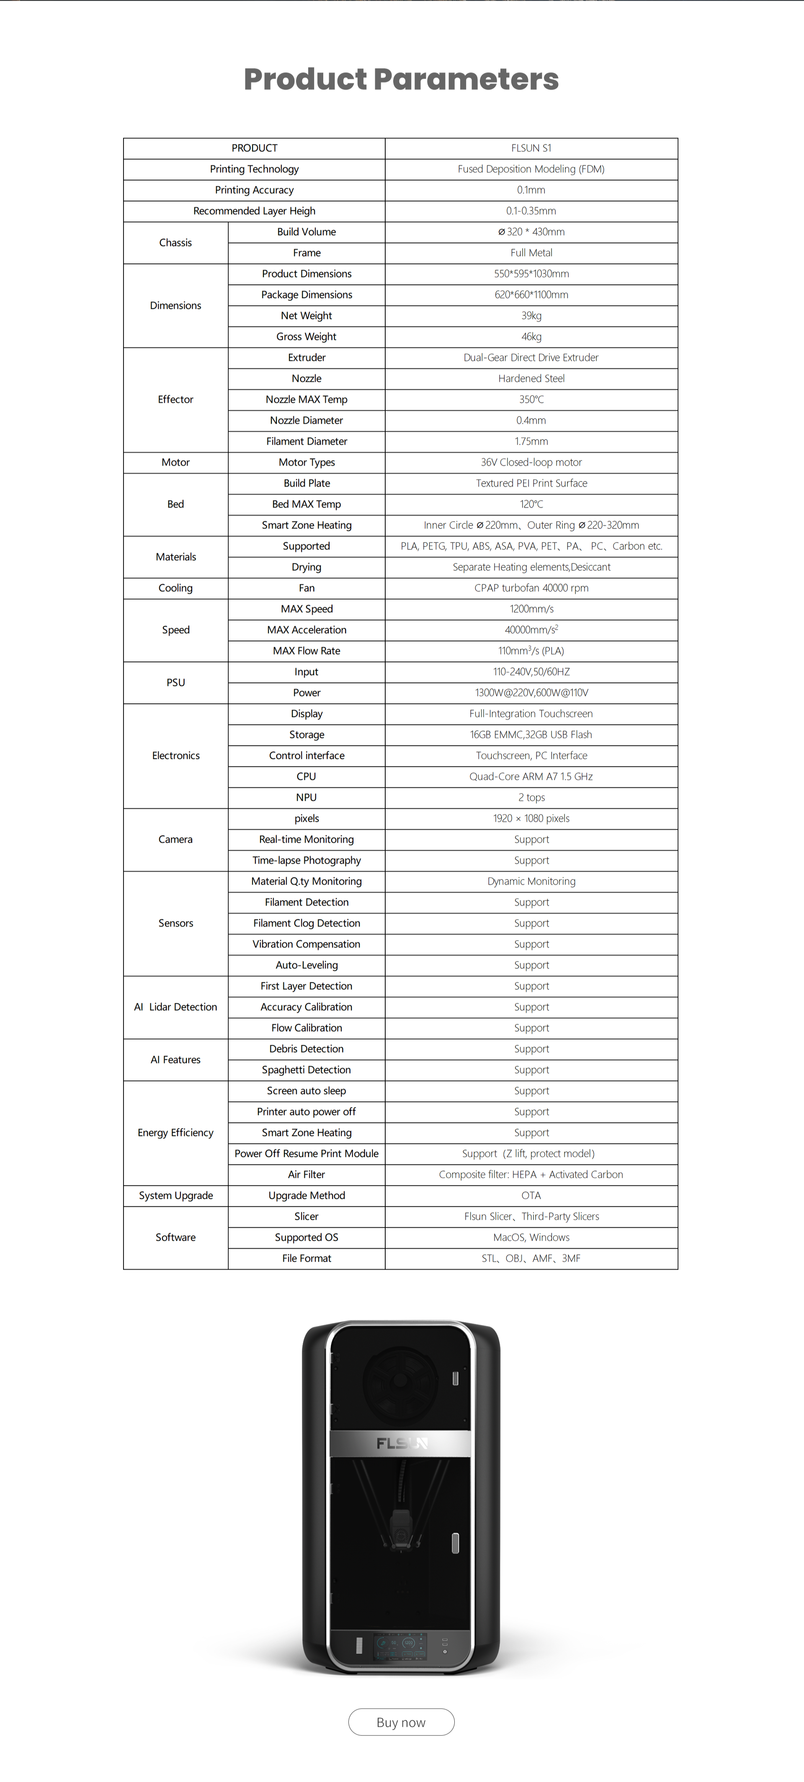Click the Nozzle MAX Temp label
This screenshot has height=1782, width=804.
(x=307, y=399)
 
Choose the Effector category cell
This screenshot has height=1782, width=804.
(x=176, y=399)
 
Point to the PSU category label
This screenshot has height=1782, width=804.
(x=176, y=682)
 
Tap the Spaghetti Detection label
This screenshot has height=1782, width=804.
(x=307, y=1070)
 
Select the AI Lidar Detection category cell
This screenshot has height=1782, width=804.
(x=176, y=1006)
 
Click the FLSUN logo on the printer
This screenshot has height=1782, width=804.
(x=401, y=1443)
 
